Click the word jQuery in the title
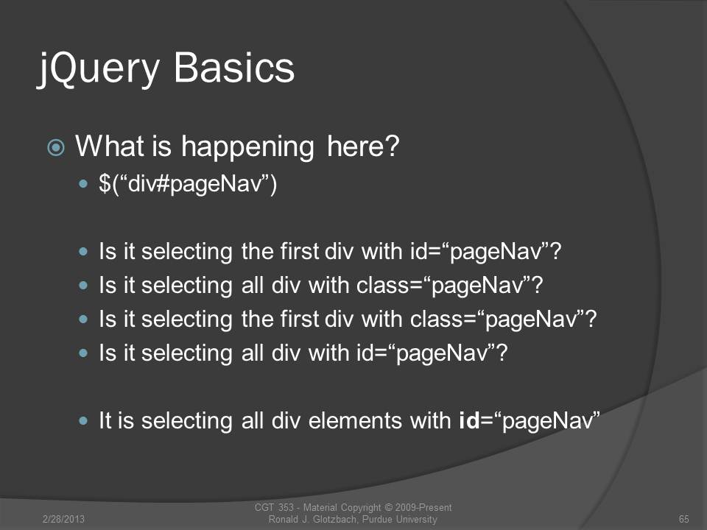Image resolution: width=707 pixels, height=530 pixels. [98, 68]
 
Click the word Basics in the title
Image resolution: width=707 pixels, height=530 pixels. [234, 67]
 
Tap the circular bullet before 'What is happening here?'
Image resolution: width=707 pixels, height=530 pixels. [56, 147]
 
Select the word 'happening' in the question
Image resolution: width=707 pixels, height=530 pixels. [247, 147]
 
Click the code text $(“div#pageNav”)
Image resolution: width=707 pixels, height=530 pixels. [188, 184]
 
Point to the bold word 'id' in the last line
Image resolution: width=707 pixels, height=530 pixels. [469, 420]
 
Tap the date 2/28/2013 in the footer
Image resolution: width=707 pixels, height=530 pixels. [63, 519]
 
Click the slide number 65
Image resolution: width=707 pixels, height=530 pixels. [683, 519]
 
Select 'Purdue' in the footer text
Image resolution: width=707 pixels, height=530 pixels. [377, 519]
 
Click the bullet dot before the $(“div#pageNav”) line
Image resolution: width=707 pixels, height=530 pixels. [83, 183]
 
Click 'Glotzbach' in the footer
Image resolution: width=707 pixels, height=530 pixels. [336, 519]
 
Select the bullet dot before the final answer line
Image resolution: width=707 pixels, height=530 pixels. [83, 420]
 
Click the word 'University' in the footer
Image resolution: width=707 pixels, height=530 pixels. [416, 519]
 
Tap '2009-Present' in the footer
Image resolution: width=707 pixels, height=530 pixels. [423, 507]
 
